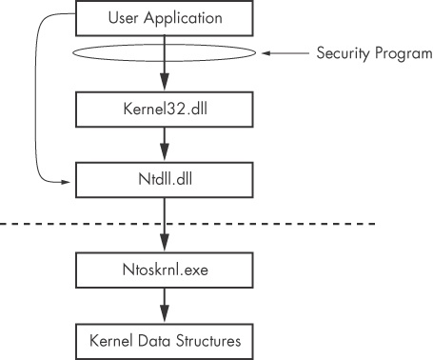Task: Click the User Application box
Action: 165,16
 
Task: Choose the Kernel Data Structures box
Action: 165,338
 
